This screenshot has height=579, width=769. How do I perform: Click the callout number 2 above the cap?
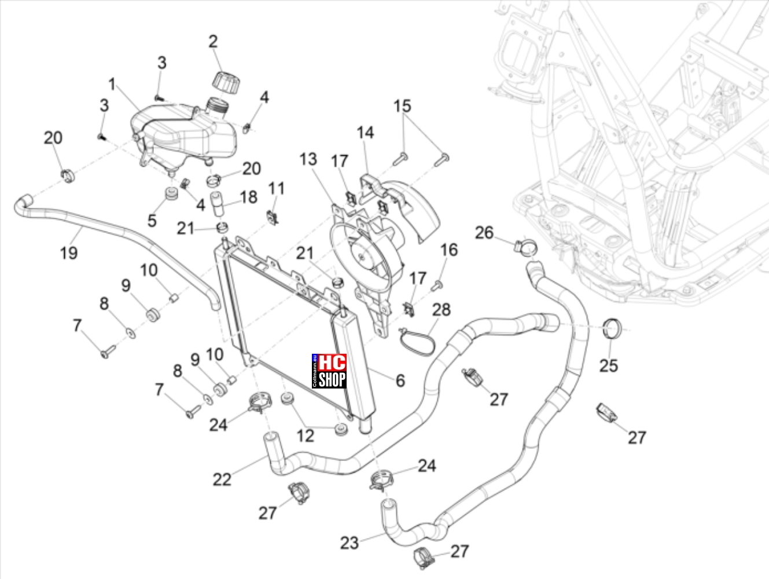(x=213, y=41)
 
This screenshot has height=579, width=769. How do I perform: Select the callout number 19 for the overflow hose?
(x=69, y=253)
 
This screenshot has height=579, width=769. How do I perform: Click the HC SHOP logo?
(x=329, y=371)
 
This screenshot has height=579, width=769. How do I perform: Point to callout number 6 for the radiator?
(x=400, y=380)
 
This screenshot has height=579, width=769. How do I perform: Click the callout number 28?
(x=441, y=310)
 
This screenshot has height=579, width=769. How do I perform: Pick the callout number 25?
(x=609, y=366)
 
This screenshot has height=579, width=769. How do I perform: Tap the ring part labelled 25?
(x=612, y=329)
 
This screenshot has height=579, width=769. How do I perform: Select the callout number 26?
(x=484, y=233)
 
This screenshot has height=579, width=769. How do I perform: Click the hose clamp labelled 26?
(x=526, y=247)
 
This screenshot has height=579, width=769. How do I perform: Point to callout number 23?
(x=349, y=543)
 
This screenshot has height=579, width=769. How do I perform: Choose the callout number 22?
(x=222, y=479)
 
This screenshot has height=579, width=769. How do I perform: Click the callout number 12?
(x=305, y=436)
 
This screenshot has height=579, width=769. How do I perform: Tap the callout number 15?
(x=402, y=106)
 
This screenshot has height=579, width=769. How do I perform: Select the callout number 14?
(x=366, y=133)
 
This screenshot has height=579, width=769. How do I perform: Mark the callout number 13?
(x=308, y=159)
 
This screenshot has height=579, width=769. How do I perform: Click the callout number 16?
(x=449, y=250)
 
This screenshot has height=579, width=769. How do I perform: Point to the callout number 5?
(x=152, y=221)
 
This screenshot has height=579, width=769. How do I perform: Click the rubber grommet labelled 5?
(x=171, y=195)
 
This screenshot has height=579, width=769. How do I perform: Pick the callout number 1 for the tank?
(x=112, y=84)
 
